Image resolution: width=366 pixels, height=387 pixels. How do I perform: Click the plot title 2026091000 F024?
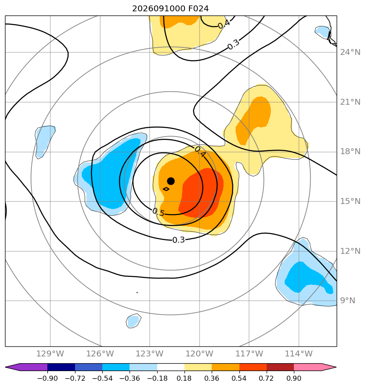click(170, 9)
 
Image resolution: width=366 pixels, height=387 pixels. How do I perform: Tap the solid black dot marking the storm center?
click(171, 181)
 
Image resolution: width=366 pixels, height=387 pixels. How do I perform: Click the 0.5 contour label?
click(158, 212)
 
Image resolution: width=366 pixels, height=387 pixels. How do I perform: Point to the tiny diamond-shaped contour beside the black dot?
click(166, 189)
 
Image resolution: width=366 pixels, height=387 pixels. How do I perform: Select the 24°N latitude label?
click(350, 52)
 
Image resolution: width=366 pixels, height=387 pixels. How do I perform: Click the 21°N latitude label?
click(350, 102)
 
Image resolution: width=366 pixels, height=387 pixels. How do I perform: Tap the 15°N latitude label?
click(350, 201)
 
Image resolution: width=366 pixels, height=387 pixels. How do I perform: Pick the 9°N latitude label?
click(348, 301)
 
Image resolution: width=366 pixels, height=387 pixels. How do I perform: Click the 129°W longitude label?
click(50, 353)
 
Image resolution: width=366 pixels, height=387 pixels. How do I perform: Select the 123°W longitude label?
click(150, 353)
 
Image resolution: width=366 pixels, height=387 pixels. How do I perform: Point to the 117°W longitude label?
click(249, 353)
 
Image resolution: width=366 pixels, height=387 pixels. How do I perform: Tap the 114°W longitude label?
click(299, 353)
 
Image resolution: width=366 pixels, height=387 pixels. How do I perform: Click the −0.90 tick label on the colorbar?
click(47, 378)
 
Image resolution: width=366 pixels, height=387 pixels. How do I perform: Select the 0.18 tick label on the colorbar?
click(184, 378)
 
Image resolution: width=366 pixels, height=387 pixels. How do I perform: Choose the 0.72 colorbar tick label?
click(266, 378)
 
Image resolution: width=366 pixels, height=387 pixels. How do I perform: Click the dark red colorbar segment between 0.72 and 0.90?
click(280, 367)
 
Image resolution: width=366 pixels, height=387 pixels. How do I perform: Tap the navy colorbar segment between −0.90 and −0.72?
click(61, 367)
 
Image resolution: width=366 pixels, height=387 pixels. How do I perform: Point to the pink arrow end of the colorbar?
click(315, 367)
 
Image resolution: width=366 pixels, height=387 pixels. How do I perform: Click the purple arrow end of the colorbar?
click(26, 367)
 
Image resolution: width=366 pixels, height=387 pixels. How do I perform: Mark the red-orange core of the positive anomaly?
click(201, 193)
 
